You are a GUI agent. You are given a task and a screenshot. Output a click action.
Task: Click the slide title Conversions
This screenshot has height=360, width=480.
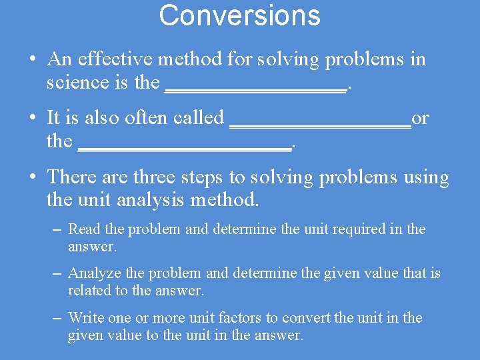(239, 15)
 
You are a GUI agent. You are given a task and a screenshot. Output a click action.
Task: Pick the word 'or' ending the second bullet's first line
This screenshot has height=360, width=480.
(421, 119)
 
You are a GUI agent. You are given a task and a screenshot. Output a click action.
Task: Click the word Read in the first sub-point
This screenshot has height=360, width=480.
(85, 229)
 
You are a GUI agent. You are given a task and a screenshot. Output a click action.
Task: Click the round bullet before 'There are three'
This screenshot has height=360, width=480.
(32, 177)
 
